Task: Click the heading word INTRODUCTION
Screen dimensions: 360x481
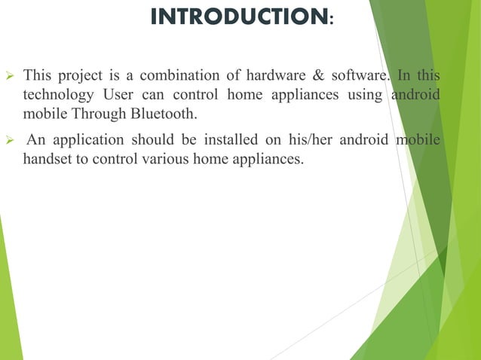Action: click(x=237, y=17)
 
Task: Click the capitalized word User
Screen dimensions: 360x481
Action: click(x=117, y=94)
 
